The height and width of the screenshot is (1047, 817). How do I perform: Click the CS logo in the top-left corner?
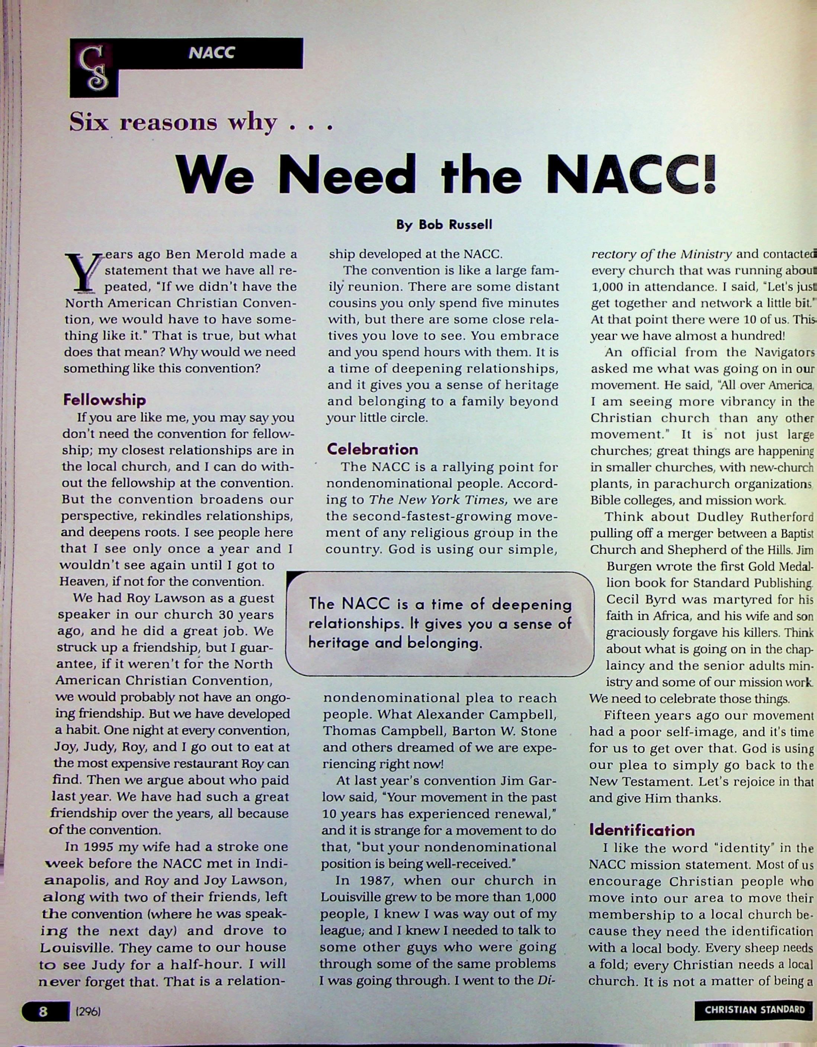point(93,68)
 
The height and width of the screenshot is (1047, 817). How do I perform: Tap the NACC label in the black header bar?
point(212,53)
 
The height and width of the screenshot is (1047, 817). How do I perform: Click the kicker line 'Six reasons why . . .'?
point(201,123)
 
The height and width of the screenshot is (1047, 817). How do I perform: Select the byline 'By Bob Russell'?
point(444,225)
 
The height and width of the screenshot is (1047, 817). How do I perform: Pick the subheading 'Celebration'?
point(372,449)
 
